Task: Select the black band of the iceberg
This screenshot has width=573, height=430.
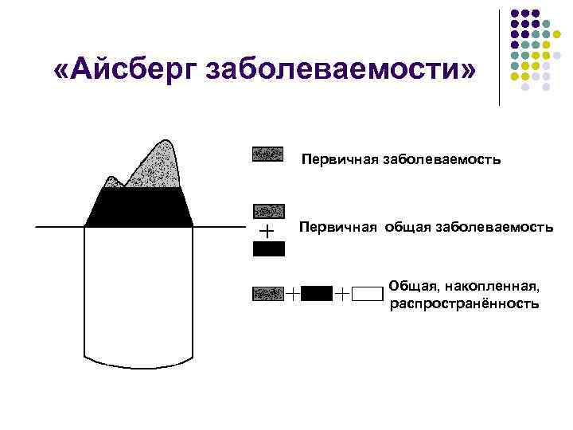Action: click(139, 209)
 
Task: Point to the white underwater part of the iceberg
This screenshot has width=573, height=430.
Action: click(139, 295)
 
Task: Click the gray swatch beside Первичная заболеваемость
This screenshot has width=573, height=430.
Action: click(267, 154)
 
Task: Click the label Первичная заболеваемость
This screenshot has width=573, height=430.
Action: click(400, 160)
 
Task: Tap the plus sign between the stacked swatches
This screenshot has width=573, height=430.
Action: click(267, 230)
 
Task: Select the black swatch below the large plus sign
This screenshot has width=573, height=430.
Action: click(268, 248)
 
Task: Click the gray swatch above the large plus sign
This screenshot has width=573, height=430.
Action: click(268, 211)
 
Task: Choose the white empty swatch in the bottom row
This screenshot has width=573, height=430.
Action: click(368, 293)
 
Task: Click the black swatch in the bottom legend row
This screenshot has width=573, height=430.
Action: click(318, 293)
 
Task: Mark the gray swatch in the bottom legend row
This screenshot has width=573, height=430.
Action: click(267, 294)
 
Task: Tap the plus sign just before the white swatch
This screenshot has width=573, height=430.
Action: click(341, 294)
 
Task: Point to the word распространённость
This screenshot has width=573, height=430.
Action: click(464, 304)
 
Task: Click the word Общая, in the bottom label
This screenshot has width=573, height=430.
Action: click(415, 286)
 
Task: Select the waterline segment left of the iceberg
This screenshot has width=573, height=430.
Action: click(60, 227)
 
